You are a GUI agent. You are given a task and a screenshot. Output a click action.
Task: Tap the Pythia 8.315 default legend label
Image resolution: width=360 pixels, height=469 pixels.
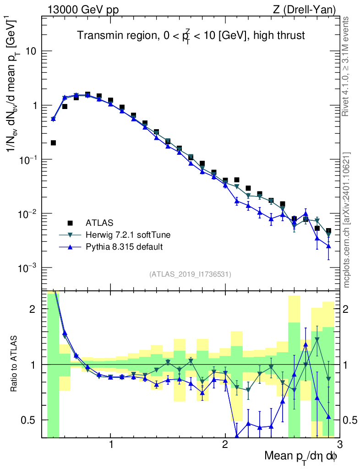[x=124, y=247]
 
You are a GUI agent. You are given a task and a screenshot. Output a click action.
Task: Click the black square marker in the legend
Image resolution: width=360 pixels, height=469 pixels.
[x=70, y=223]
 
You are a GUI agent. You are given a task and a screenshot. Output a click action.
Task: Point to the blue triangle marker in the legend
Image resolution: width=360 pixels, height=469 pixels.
[x=70, y=247]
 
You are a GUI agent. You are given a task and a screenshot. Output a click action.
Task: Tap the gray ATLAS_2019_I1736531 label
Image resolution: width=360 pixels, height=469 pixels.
[x=190, y=274]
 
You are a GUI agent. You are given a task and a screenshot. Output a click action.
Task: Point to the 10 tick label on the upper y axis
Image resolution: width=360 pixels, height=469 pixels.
[x=31, y=51]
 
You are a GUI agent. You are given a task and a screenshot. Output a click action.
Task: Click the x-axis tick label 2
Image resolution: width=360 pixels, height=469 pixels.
[x=225, y=445]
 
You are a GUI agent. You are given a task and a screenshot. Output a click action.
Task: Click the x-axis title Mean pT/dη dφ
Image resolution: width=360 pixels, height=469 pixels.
[x=300, y=456]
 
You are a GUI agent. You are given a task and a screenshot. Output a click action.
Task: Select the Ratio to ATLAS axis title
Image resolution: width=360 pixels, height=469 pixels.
[x=15, y=364]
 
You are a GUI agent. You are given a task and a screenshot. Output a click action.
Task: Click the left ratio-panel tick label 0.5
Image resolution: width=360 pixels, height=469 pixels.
[x=28, y=420]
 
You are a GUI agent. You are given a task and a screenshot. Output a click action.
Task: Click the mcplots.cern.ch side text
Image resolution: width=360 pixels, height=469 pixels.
[x=347, y=220]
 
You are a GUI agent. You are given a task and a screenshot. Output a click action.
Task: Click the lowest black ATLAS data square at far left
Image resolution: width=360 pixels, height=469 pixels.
[x=53, y=143]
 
